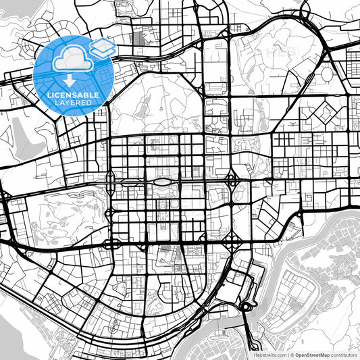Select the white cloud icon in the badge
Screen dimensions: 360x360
point(70,59)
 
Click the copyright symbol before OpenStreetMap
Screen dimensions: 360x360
point(291,354)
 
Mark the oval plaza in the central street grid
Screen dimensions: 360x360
point(163,182)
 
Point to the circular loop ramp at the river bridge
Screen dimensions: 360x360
point(245,308)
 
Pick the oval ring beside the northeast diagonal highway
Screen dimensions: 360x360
point(327,73)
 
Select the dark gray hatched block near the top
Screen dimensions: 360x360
point(142,38)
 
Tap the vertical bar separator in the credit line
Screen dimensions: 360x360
point(286,354)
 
